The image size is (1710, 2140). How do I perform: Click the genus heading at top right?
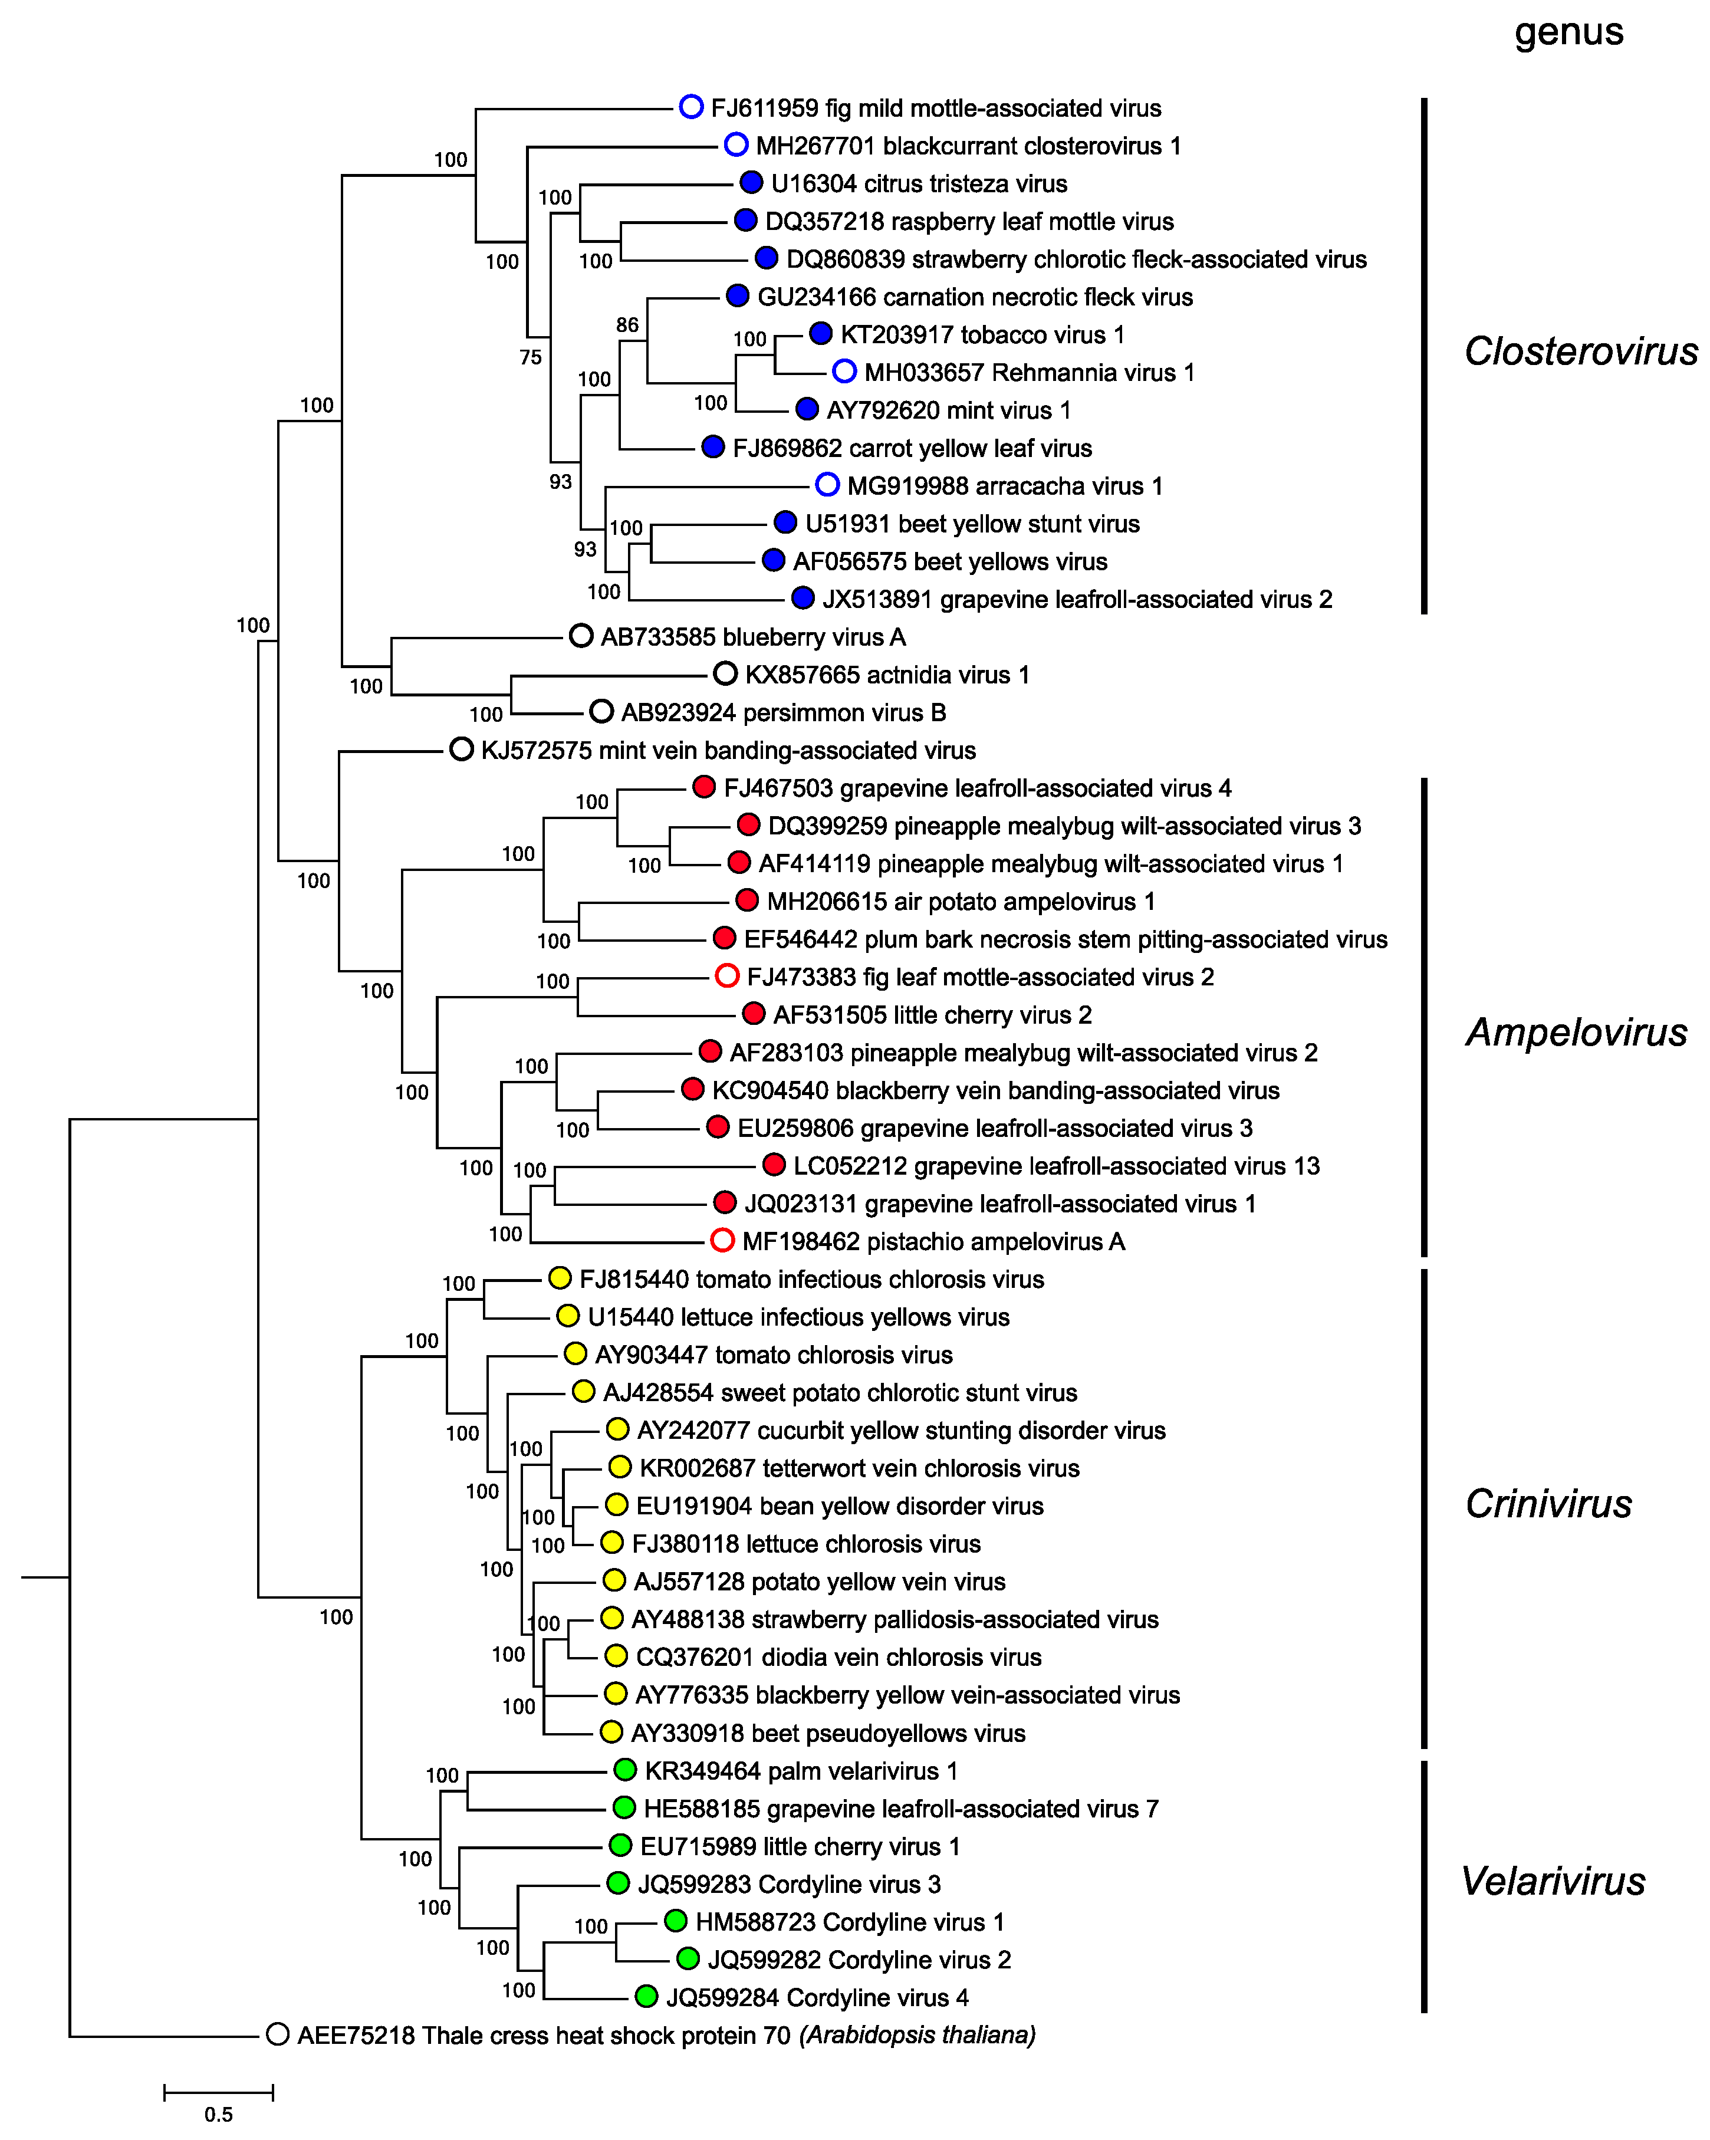(1568, 33)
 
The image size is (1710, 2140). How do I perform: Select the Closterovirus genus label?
(1580, 351)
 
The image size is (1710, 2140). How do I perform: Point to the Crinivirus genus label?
(1548, 1504)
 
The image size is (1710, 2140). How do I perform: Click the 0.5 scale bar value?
(218, 2114)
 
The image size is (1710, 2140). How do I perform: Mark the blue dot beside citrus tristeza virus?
(751, 183)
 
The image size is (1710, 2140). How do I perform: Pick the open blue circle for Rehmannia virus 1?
(844, 372)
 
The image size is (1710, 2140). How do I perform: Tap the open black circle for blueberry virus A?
(581, 636)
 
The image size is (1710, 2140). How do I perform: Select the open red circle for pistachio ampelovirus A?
(722, 1241)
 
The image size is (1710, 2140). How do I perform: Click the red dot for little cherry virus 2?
(753, 1014)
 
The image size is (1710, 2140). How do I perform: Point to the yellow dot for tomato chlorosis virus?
(575, 1354)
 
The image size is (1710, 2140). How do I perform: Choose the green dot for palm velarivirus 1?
(624, 1770)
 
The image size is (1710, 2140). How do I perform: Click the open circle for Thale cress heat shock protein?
(278, 2035)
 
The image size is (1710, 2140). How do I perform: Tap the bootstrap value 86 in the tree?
(627, 324)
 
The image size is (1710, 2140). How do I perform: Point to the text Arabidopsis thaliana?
(918, 2035)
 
